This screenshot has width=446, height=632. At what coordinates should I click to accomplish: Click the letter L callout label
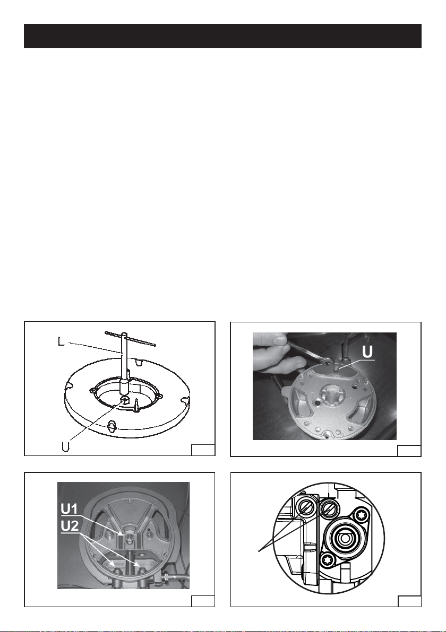click(x=61, y=343)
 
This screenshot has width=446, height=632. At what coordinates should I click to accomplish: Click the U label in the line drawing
click(x=66, y=446)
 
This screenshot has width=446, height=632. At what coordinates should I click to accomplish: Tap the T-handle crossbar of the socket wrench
click(x=130, y=339)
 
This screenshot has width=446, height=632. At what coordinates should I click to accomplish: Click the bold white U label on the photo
click(x=368, y=352)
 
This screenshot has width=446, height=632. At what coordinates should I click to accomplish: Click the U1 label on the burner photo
click(x=70, y=509)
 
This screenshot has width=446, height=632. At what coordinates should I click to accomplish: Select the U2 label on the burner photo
click(x=70, y=526)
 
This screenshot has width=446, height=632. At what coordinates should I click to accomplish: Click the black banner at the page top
click(x=223, y=36)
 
